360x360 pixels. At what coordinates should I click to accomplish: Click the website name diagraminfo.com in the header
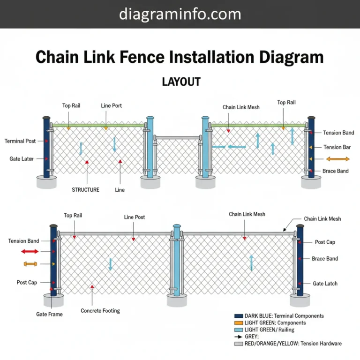[x=180, y=14]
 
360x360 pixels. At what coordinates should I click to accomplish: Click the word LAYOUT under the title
[x=181, y=82]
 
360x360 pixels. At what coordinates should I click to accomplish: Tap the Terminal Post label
[x=20, y=141]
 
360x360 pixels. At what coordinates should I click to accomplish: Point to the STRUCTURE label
[x=85, y=190]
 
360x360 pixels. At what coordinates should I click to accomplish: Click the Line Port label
[x=112, y=106]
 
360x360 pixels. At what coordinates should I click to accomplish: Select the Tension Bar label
[x=337, y=147]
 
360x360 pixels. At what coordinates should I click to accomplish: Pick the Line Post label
[x=135, y=217]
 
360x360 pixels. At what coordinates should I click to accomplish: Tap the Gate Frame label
[x=49, y=314]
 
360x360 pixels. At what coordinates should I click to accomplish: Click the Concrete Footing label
[x=100, y=311]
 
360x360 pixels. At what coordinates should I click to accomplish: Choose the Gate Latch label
[x=325, y=284]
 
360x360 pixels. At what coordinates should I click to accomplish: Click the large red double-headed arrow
[x=30, y=252]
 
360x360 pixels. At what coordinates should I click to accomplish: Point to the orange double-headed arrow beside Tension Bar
[x=337, y=159]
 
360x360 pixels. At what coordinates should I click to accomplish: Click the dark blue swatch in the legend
[x=238, y=316]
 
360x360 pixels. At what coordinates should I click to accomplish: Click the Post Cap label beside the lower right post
[x=325, y=242]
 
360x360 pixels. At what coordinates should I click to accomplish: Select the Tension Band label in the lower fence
[x=23, y=241]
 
